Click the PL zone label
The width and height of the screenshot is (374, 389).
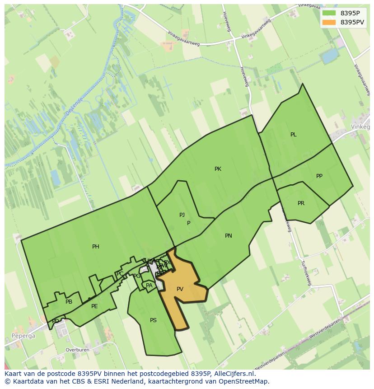(293, 135)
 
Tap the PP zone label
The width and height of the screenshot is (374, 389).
(319, 176)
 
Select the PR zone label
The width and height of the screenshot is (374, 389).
(301, 203)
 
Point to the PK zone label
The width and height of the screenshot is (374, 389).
(218, 169)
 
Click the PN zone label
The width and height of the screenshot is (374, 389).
(229, 236)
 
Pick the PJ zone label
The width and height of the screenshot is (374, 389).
(182, 215)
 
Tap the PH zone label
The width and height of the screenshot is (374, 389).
(96, 247)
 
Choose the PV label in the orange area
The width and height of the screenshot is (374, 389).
(180, 289)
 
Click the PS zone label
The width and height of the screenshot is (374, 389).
(153, 320)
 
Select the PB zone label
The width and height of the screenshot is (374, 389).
(69, 302)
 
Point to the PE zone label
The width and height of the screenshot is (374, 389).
(94, 306)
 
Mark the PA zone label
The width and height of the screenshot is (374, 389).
(149, 286)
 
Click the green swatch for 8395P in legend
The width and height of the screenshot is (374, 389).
(329, 13)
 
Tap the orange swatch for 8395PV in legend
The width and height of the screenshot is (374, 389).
(329, 22)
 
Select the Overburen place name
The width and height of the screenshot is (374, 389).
(77, 350)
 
